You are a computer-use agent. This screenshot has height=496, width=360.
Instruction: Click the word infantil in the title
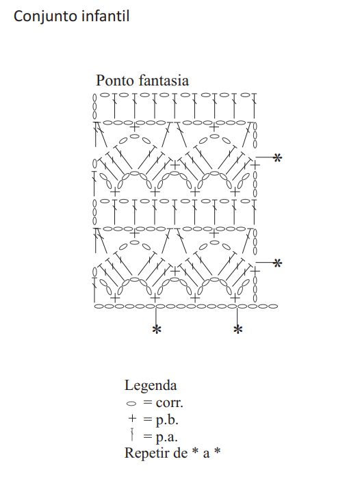105,16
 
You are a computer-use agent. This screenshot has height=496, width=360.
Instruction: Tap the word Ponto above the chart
115,80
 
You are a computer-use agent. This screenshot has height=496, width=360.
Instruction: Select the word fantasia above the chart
164,80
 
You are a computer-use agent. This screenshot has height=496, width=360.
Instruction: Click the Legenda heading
151,386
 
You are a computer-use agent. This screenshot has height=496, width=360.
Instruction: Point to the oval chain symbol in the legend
131,404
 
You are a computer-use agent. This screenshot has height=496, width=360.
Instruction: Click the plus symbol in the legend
132,418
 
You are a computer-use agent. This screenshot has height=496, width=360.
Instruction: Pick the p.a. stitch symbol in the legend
132,434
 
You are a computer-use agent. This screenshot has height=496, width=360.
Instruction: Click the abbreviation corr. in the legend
169,403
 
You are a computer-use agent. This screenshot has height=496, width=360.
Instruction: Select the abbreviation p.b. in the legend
167,420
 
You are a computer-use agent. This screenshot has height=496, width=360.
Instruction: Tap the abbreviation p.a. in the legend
166,437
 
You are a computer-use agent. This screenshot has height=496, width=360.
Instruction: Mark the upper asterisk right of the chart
277,157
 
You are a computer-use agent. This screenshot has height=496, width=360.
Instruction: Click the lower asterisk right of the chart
277,263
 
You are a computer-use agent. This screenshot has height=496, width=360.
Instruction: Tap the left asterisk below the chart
157,330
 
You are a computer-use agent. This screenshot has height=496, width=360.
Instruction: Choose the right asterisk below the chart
238,330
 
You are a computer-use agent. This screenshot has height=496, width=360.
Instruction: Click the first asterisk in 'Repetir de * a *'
196,450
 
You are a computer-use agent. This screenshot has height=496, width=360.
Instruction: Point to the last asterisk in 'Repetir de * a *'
217,450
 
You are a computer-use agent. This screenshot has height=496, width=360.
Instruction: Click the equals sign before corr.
148,403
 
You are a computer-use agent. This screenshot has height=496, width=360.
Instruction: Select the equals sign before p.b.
148,419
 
